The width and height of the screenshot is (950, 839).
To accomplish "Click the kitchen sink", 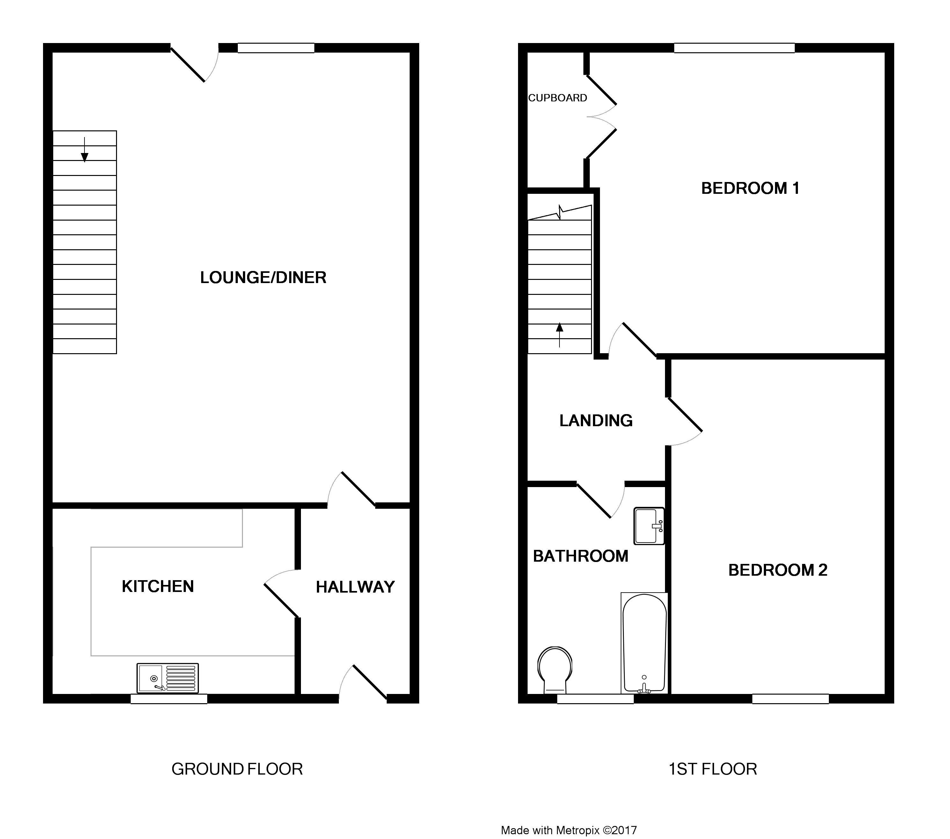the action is [x=168, y=678].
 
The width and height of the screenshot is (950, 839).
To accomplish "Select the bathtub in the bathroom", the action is [x=644, y=643].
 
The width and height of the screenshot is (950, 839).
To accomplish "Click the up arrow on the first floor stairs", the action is [x=559, y=335].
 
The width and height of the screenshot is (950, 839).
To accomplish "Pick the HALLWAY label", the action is [x=355, y=587].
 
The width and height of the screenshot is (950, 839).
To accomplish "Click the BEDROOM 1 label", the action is [x=750, y=188].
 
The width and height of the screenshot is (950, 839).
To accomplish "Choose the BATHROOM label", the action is [x=581, y=556].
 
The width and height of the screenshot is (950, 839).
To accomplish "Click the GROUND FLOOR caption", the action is [x=237, y=769].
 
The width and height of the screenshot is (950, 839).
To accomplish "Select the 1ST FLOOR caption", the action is [x=712, y=769].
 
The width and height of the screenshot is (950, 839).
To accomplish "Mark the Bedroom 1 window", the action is [x=734, y=48].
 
